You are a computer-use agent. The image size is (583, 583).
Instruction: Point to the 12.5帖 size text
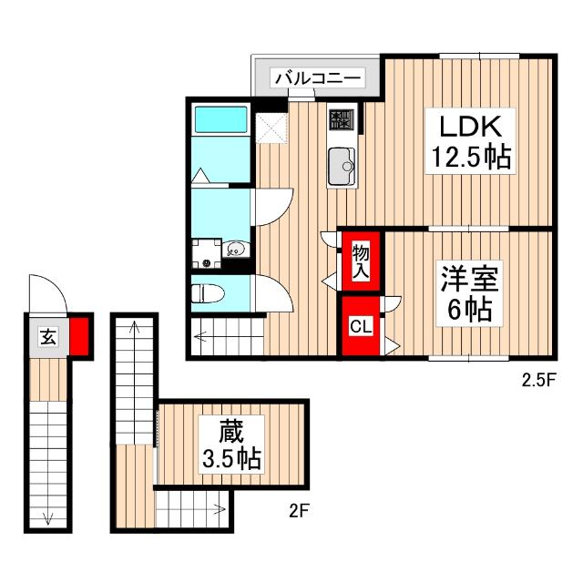469,158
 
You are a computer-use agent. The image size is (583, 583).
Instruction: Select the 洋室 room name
467,277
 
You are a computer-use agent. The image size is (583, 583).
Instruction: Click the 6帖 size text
467,310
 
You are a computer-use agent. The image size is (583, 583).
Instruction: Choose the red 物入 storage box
360,260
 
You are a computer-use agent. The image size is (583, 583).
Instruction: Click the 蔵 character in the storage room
230,428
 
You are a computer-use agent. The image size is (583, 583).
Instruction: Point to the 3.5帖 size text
230,458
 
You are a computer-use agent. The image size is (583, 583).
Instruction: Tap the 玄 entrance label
46,336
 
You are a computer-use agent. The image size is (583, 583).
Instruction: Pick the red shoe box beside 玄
80,335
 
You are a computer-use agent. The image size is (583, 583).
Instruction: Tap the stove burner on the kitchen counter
343,119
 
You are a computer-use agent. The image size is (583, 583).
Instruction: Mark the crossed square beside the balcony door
271,128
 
